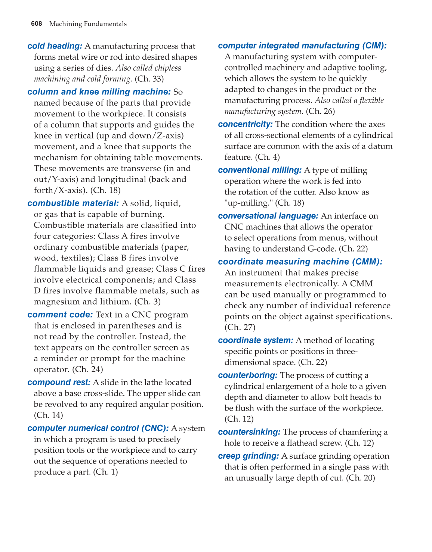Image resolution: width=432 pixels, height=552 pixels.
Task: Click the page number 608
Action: click(36, 24)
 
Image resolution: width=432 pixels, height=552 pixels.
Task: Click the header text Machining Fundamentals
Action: click(88, 24)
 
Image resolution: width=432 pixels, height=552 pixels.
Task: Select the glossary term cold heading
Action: click(55, 46)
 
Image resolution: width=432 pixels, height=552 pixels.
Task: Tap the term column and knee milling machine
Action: click(99, 92)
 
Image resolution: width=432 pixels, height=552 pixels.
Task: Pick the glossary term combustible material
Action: click(73, 203)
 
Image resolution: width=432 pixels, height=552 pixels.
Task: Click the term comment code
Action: click(60, 315)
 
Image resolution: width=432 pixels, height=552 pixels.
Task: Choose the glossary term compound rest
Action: click(59, 382)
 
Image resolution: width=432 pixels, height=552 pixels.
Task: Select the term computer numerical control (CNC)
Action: click(98, 428)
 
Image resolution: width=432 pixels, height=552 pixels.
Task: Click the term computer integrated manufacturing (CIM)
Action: click(302, 46)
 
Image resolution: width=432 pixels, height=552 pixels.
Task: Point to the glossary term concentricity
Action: click(245, 124)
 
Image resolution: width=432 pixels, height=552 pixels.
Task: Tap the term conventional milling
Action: click(260, 170)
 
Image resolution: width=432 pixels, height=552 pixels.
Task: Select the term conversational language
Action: click(268, 216)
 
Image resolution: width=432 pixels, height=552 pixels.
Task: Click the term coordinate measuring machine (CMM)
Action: click(300, 262)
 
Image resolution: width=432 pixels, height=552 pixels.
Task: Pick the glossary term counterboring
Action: click(248, 375)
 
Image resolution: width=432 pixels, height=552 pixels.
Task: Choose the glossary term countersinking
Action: click(249, 432)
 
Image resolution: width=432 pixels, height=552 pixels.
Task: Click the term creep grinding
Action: click(249, 456)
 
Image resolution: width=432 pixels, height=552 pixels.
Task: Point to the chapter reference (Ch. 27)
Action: click(240, 327)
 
